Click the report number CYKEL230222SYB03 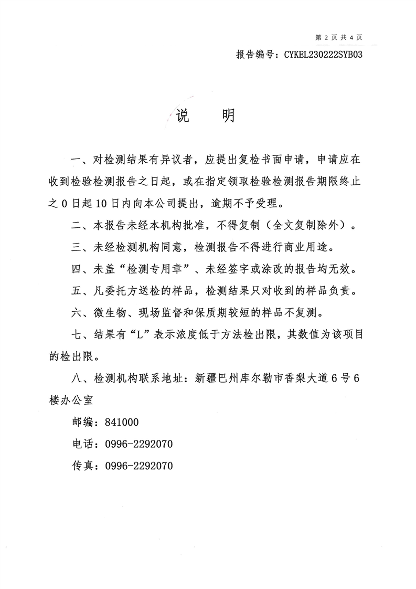[324, 54]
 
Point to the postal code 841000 [122, 422]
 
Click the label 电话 [83, 444]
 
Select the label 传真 [83, 466]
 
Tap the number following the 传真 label [139, 466]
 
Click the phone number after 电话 [139, 444]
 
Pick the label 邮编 [83, 422]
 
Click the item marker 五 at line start [77, 291]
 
